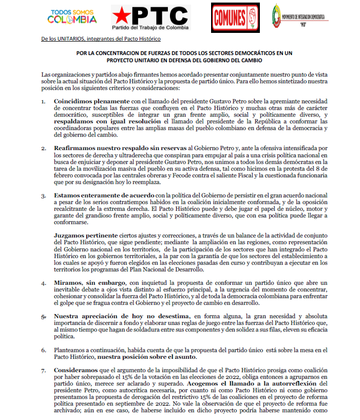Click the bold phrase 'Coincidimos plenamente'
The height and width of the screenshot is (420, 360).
pos(85,101)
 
